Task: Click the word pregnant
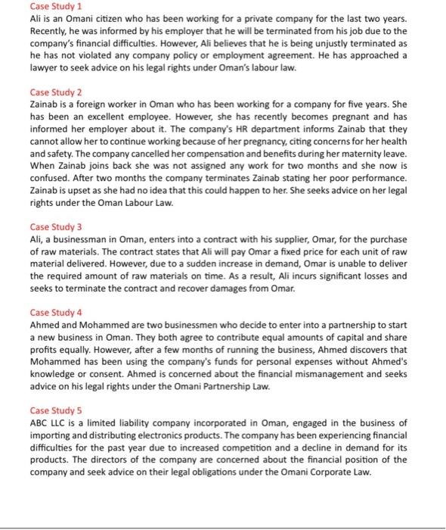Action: [x=345, y=118]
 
